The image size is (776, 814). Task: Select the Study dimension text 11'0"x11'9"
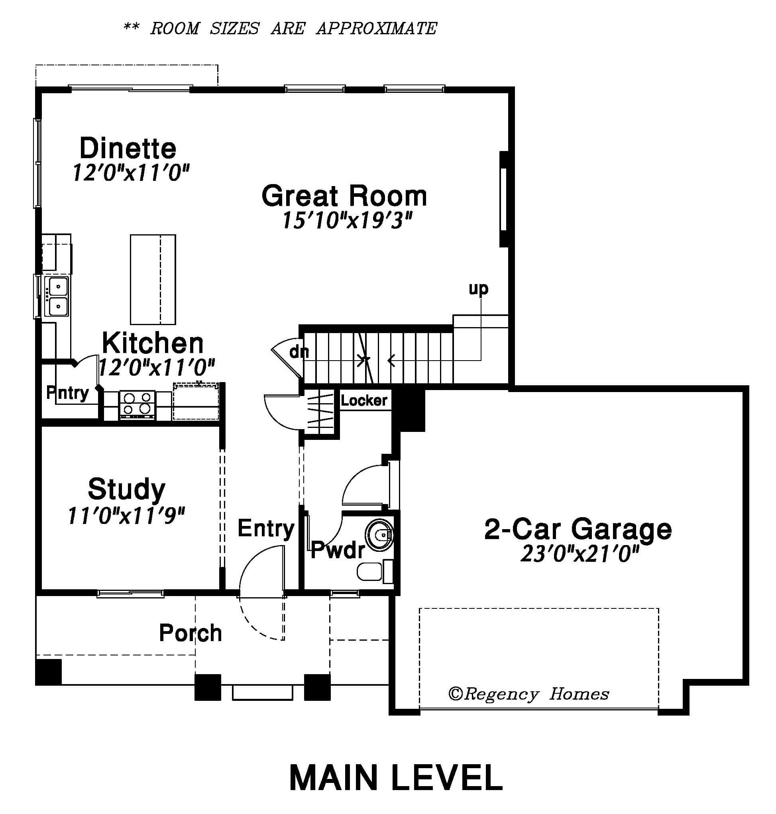click(x=126, y=516)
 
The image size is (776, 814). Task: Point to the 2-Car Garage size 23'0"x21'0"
click(x=580, y=553)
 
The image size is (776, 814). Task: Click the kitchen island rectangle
click(x=153, y=279)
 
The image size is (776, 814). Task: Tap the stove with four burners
click(x=137, y=405)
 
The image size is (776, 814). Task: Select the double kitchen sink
click(x=57, y=296)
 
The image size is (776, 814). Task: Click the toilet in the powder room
click(x=375, y=572)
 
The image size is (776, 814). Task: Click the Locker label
click(x=364, y=400)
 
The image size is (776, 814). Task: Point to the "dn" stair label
click(x=299, y=352)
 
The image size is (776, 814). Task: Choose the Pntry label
click(x=67, y=393)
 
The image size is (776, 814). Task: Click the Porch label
click(x=190, y=633)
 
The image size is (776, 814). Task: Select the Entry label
click(x=265, y=529)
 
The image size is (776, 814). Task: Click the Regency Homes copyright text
click(x=528, y=694)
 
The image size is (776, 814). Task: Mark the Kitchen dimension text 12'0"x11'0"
click(x=157, y=367)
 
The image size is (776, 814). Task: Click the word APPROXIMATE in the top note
click(x=376, y=29)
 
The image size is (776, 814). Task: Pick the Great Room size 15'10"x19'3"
click(x=347, y=220)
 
